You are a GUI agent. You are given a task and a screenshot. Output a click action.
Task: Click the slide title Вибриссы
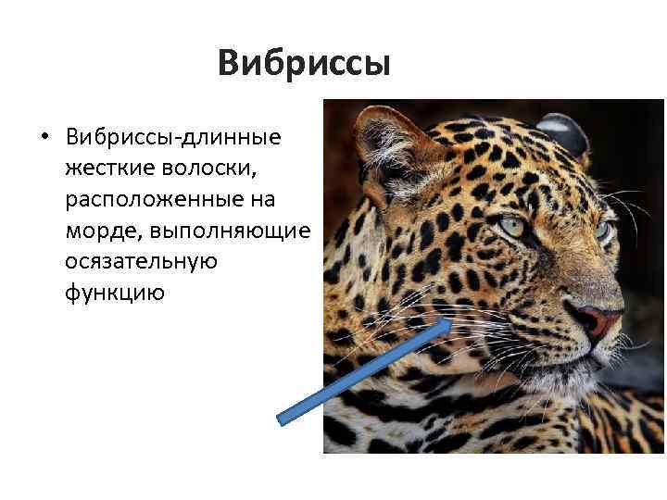click(x=305, y=64)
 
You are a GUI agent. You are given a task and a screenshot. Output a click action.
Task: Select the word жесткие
click(x=109, y=169)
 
